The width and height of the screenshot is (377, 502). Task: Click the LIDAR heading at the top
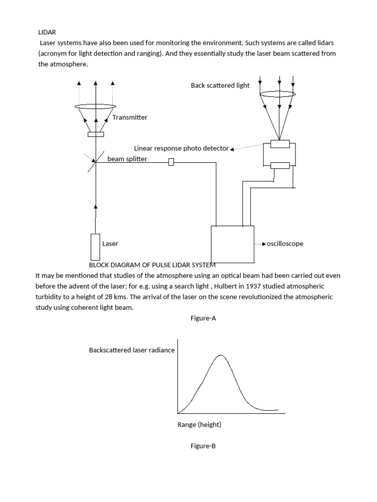pyautogui.click(x=47, y=32)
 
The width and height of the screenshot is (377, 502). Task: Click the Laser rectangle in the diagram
pyautogui.click(x=95, y=247)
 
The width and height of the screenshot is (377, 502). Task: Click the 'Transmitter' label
pyautogui.click(x=130, y=118)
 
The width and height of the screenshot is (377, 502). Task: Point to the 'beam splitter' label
pyautogui.click(x=127, y=159)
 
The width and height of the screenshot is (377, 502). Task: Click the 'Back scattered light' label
pyautogui.click(x=220, y=85)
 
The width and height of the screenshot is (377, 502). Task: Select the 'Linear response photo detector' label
pyautogui.click(x=181, y=148)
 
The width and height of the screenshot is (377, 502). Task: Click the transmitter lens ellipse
pyautogui.click(x=96, y=106)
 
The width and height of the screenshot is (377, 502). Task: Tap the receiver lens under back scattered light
pyautogui.click(x=277, y=94)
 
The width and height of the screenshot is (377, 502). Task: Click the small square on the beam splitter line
pyautogui.click(x=171, y=162)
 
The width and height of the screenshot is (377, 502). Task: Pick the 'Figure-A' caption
pyautogui.click(x=203, y=319)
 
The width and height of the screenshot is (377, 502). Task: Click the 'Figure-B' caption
pyautogui.click(x=203, y=446)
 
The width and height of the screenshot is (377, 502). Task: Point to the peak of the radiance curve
pyautogui.click(x=221, y=355)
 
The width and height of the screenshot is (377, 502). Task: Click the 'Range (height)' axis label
pyautogui.click(x=199, y=425)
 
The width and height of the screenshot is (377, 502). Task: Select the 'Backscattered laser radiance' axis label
pyautogui.click(x=132, y=350)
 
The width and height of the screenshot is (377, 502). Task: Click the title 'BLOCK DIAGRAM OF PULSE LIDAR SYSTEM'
pyautogui.click(x=152, y=265)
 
